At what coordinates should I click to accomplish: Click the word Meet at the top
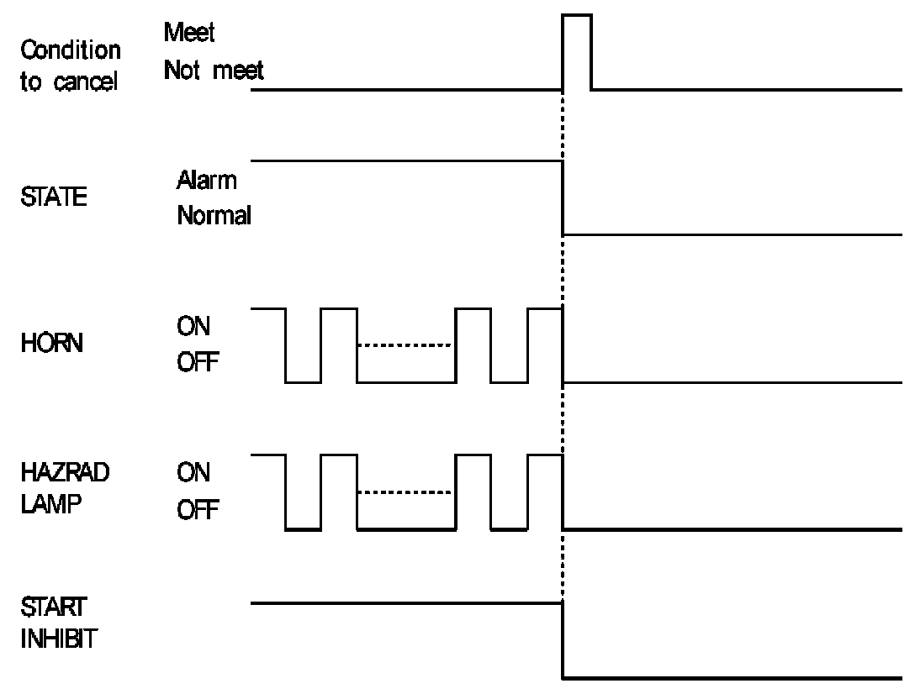(189, 34)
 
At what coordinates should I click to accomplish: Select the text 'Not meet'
(214, 71)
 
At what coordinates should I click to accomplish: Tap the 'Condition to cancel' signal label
(70, 67)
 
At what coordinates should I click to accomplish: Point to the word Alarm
(206, 180)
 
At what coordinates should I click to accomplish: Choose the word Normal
(214, 216)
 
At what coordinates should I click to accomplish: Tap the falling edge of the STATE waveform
(562, 197)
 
